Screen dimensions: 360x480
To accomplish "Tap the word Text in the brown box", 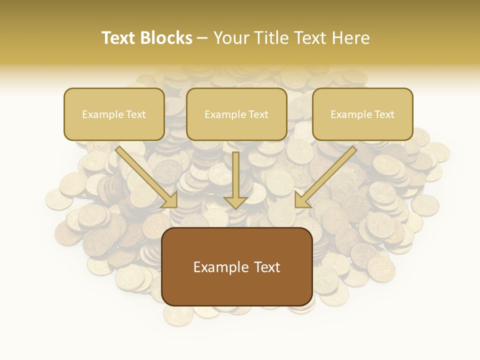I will click(266, 267).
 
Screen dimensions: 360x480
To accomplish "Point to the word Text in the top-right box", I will click(384, 114).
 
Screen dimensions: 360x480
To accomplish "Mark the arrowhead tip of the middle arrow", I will click(236, 208).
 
